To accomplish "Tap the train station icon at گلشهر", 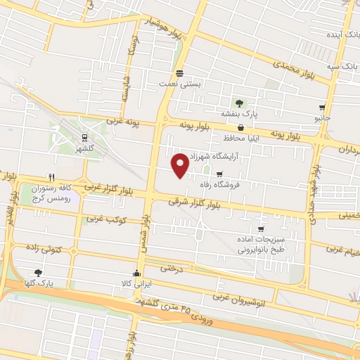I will (84, 138).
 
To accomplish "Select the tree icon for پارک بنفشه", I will (238, 103).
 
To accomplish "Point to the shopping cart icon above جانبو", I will (322, 108).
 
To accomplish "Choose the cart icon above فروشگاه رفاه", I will (219, 174).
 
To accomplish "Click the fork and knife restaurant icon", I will (52, 177).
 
